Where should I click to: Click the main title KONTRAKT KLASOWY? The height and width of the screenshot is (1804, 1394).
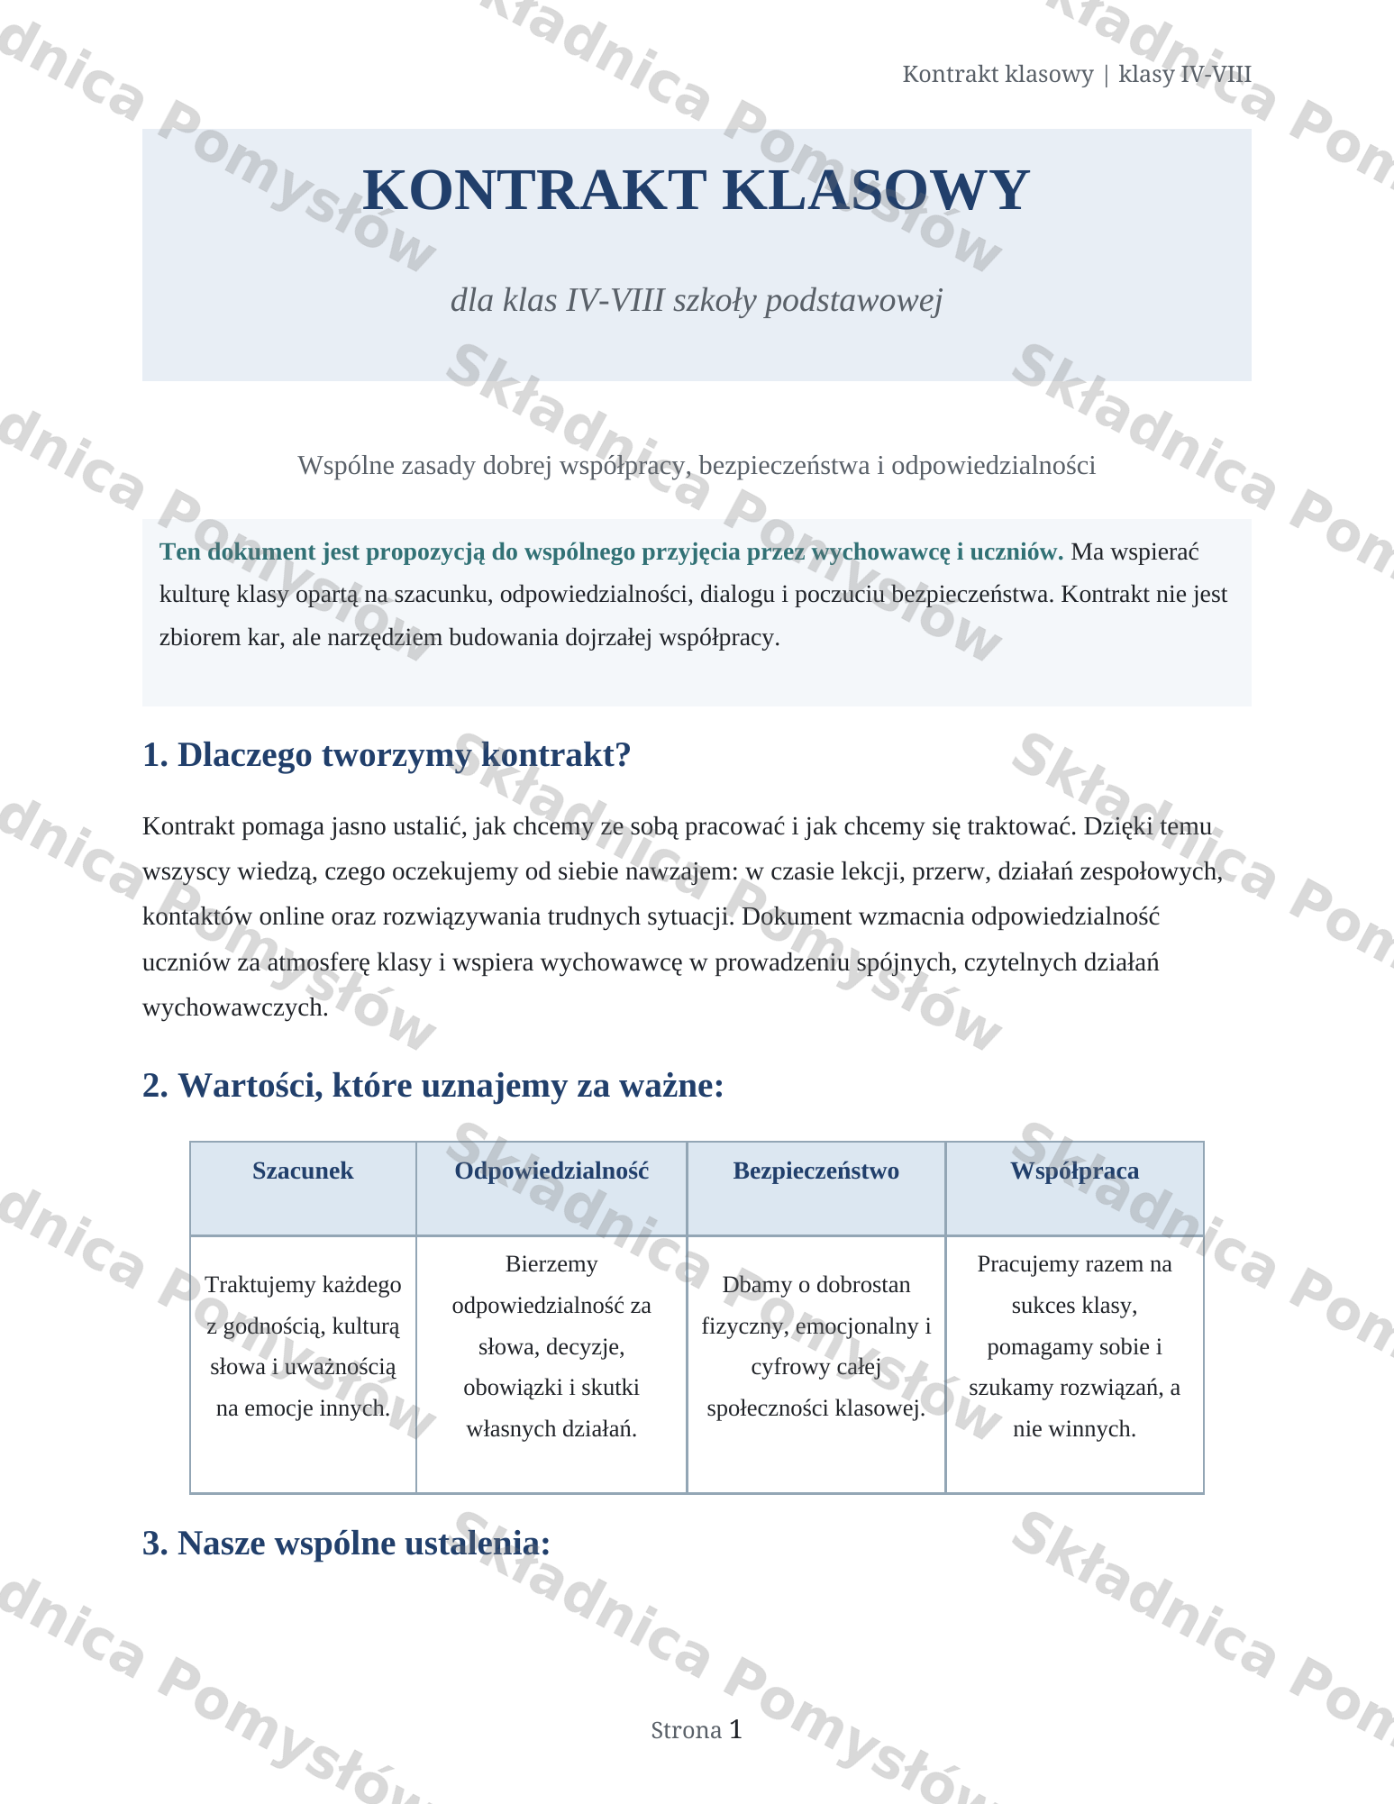(x=695, y=190)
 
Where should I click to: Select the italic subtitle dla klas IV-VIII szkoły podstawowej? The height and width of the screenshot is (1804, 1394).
(x=696, y=300)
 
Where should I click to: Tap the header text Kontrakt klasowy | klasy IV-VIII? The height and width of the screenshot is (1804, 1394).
(x=1076, y=74)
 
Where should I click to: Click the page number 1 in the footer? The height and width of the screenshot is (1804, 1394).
(x=735, y=1728)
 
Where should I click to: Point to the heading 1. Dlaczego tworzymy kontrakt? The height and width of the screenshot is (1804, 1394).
(x=386, y=755)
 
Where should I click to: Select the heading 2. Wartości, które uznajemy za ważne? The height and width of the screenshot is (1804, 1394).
(x=433, y=1086)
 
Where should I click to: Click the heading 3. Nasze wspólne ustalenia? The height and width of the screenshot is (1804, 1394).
(x=346, y=1543)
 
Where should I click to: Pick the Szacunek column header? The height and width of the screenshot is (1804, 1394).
(x=303, y=1171)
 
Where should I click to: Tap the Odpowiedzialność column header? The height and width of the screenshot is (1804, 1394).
(x=551, y=1171)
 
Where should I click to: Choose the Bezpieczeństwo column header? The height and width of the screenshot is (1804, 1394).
(x=815, y=1171)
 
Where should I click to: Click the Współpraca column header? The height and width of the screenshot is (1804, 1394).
(x=1074, y=1171)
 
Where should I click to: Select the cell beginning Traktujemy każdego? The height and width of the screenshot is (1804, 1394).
(x=303, y=1346)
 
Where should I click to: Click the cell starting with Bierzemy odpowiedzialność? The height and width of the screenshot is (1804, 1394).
(x=551, y=1346)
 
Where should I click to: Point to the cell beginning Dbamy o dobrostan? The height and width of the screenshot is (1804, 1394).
(x=815, y=1346)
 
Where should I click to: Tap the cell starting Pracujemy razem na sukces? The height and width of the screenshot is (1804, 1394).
(x=1074, y=1346)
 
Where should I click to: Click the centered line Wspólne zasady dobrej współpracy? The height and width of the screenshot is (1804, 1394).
(x=696, y=465)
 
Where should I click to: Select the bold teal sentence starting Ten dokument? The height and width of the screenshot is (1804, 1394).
(x=611, y=551)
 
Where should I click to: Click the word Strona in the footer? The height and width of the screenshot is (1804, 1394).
(x=686, y=1730)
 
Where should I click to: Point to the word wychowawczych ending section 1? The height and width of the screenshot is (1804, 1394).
(x=234, y=1007)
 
